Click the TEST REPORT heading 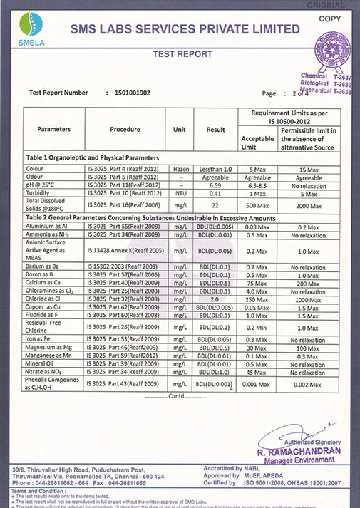[x=182, y=54]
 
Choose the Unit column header [x=180, y=130]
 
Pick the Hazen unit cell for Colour [x=180, y=168]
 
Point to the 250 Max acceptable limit [x=257, y=300]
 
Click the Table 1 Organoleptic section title [x=92, y=157]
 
